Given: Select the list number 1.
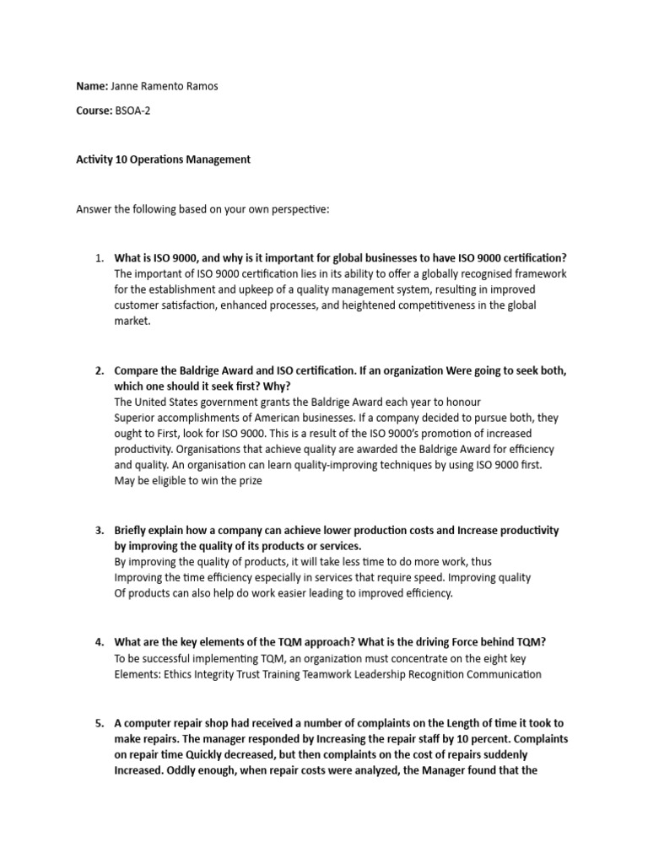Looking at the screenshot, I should (x=98, y=258).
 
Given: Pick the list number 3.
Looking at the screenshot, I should (x=98, y=531).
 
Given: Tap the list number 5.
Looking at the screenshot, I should (x=98, y=723).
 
